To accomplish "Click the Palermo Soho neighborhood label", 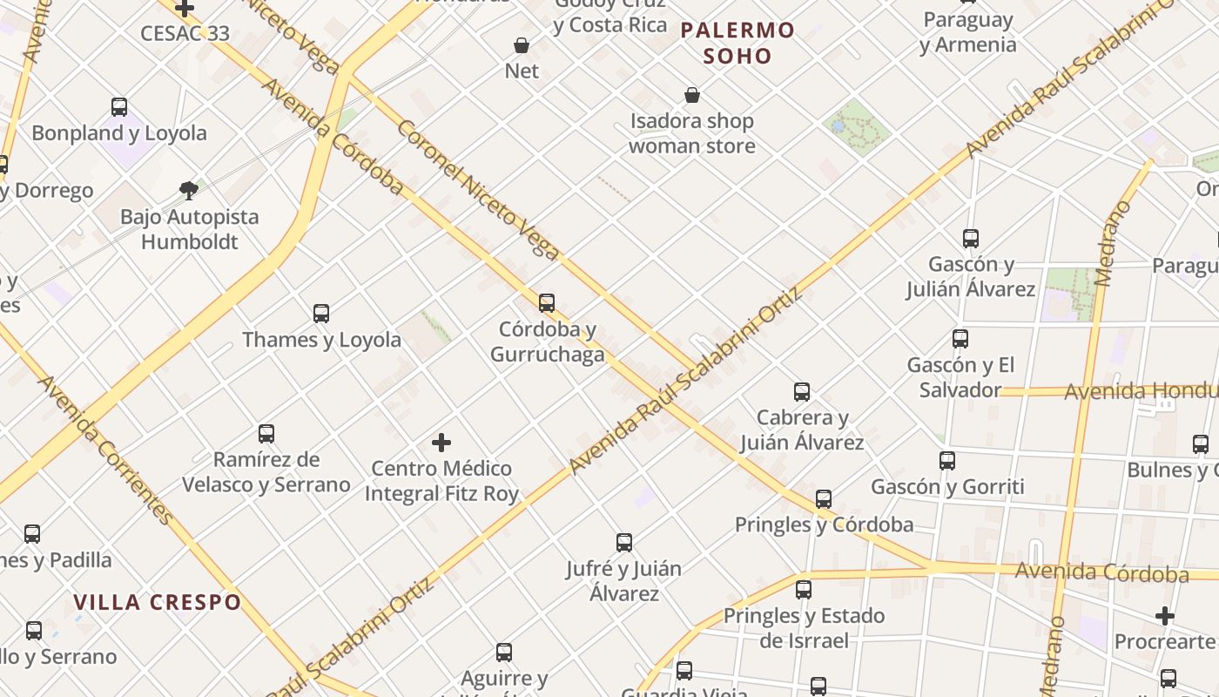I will click(737, 43).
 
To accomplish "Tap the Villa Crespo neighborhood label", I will click(157, 602).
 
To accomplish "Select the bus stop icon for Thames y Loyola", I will click(321, 314).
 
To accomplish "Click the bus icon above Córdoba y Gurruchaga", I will click(547, 303).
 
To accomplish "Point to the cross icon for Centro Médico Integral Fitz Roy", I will click(441, 443).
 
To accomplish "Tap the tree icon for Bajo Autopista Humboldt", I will click(189, 190).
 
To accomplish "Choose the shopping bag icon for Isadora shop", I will click(692, 95).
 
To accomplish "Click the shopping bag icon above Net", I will click(522, 45).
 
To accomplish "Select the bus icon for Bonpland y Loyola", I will click(119, 107).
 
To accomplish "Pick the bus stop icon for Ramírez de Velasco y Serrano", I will click(266, 434).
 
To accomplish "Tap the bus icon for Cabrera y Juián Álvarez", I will click(802, 392).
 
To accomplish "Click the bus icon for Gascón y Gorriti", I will click(947, 461).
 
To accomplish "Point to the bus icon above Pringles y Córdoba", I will click(824, 499).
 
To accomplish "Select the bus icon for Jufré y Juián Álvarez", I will click(624, 543).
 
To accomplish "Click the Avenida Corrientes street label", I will click(105, 450).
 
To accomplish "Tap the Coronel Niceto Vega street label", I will click(478, 190).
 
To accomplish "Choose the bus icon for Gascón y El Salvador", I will click(960, 339).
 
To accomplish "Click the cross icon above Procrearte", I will click(1165, 616).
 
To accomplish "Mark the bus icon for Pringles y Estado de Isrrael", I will click(804, 590).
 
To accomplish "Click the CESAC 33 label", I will click(185, 33).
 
